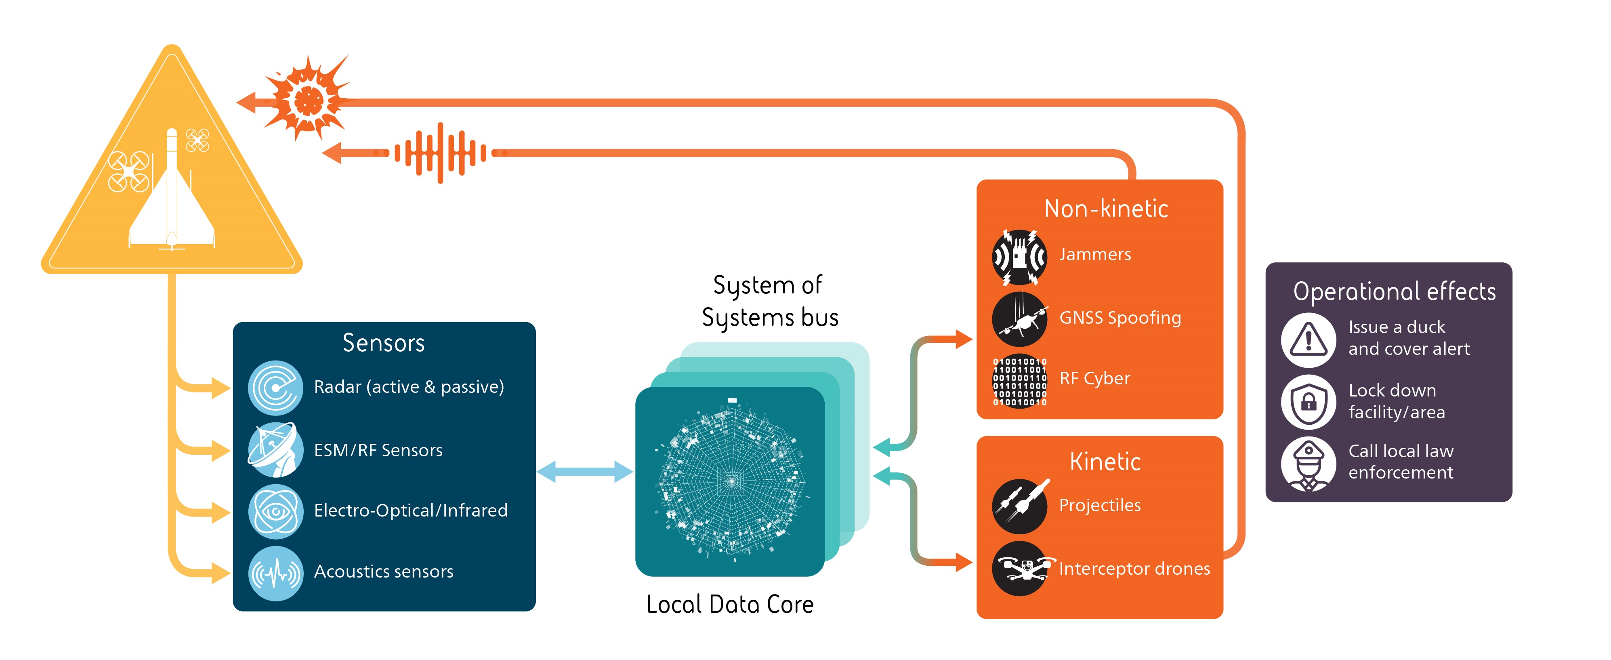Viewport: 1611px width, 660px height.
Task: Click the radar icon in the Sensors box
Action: [x=275, y=388]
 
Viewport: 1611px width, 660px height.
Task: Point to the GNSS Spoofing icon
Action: [x=1019, y=319]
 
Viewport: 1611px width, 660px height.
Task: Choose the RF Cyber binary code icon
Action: [x=1019, y=381]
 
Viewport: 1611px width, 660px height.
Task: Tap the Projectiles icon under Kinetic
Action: [x=1019, y=506]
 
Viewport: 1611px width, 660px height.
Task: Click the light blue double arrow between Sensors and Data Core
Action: [x=585, y=472]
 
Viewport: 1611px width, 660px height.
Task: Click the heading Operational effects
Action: [x=1394, y=291]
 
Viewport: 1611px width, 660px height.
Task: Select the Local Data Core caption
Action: [x=730, y=604]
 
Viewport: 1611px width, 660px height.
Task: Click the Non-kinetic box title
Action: [x=1106, y=208]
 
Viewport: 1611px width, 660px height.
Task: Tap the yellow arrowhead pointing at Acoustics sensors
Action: [x=220, y=572]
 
